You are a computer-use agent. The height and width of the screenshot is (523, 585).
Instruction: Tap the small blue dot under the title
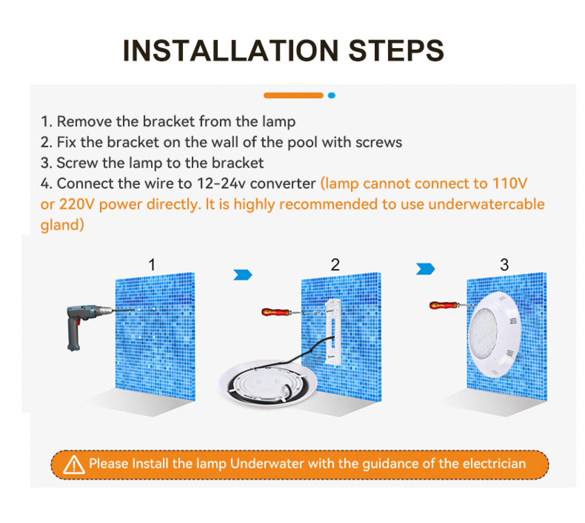(331, 95)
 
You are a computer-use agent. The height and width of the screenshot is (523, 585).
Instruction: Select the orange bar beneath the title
(293, 95)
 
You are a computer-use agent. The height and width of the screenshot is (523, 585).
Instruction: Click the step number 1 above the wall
(152, 265)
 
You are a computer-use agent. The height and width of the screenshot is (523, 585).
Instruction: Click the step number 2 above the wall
(335, 265)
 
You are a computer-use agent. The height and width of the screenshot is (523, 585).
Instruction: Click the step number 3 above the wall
(504, 265)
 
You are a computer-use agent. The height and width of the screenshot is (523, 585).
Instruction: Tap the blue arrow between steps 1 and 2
(243, 275)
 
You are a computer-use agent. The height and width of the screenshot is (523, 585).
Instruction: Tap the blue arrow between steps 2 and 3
(426, 269)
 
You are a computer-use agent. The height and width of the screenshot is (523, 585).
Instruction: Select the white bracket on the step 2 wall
(333, 332)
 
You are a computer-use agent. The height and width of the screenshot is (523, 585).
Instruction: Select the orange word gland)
(62, 225)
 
